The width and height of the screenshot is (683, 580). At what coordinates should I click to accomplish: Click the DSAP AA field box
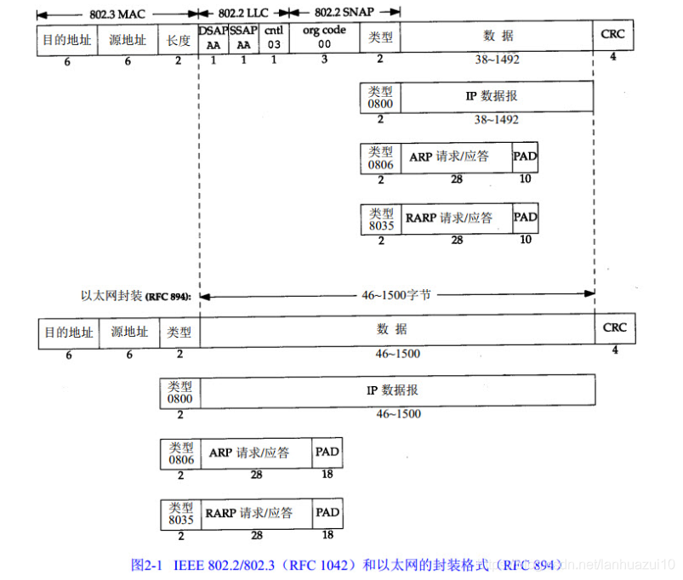point(213,38)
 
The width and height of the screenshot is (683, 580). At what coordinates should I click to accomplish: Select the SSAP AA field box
point(244,38)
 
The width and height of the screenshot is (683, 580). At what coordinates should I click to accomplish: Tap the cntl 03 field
point(274,38)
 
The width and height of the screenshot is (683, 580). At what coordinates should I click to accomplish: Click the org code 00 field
point(323,38)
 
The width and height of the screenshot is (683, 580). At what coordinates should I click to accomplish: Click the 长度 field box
point(179,39)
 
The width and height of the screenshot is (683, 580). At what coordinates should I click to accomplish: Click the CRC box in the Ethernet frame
point(614,330)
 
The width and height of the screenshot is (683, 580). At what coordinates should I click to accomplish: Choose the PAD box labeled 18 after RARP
point(327,514)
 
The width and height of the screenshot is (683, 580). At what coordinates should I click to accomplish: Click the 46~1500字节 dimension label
point(396,295)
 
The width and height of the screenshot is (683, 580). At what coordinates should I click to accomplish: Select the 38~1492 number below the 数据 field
point(498,60)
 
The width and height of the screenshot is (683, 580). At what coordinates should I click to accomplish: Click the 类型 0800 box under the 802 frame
point(380,96)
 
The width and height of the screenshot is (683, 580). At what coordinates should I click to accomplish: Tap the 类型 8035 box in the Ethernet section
point(180,514)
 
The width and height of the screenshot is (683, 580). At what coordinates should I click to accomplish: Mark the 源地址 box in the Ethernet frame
point(129,332)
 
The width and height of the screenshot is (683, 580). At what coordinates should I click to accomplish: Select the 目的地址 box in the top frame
point(67,39)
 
